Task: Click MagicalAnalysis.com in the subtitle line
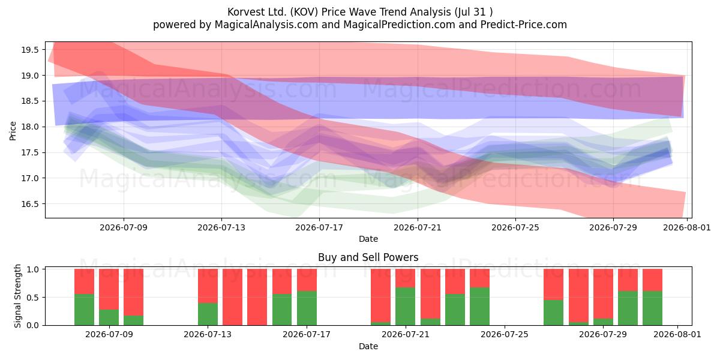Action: [x=266, y=25]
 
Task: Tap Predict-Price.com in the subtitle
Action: [x=524, y=25]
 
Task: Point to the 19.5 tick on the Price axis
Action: [x=30, y=50]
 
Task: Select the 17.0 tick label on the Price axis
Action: [x=30, y=178]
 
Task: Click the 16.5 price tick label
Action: [x=30, y=204]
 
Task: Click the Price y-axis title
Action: [x=13, y=131]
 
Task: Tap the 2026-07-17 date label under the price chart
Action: [x=319, y=227]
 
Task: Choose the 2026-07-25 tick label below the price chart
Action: [x=515, y=227]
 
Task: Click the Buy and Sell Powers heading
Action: [x=368, y=257]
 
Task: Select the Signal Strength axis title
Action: [x=17, y=296]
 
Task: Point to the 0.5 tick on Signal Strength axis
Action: [x=32, y=298]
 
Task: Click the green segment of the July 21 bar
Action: [x=406, y=307]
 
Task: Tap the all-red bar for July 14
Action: [x=232, y=297]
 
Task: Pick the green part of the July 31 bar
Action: [x=653, y=308]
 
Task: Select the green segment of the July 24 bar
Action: [x=479, y=307]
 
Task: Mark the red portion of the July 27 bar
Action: [x=553, y=284]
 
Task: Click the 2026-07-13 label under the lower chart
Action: [x=208, y=334]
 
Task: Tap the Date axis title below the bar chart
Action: [x=368, y=346]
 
